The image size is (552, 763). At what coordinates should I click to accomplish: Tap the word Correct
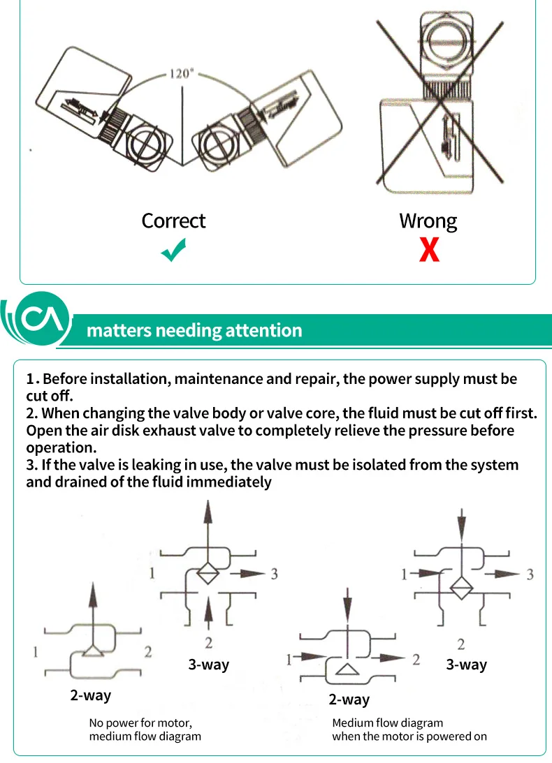tap(173, 221)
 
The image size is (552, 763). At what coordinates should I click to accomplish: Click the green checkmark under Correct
tap(173, 249)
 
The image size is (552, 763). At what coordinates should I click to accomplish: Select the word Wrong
tap(428, 221)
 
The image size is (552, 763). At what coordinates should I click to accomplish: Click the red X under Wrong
tap(429, 249)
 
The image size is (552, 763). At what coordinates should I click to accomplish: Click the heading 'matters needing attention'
tap(194, 330)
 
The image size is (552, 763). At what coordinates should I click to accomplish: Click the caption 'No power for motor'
tap(140, 723)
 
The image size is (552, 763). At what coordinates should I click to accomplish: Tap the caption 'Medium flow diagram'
tap(387, 723)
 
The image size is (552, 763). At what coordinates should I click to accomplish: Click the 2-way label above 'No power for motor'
tap(90, 695)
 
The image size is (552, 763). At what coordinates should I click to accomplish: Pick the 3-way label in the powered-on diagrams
tap(466, 665)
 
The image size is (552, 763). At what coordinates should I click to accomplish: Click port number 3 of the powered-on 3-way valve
tap(530, 574)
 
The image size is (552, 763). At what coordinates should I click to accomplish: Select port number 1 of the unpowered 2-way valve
tap(36, 652)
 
